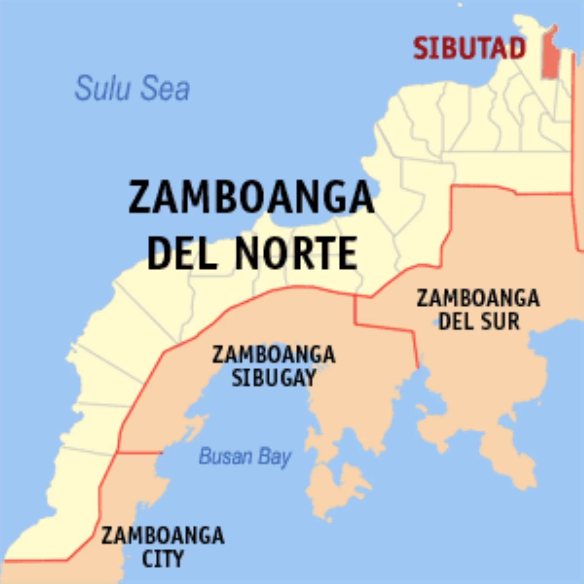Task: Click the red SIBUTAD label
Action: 469,48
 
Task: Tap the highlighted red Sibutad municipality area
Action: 550,54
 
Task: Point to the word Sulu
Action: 103,88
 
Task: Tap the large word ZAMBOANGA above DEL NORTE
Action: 251,198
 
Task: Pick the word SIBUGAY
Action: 274,378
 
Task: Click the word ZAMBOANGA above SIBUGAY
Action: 274,354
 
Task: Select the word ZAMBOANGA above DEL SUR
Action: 478,298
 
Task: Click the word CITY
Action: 163,558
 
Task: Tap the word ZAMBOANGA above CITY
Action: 163,536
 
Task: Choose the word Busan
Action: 226,456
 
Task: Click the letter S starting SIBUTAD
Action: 421,48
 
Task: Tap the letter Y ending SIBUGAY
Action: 310,378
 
